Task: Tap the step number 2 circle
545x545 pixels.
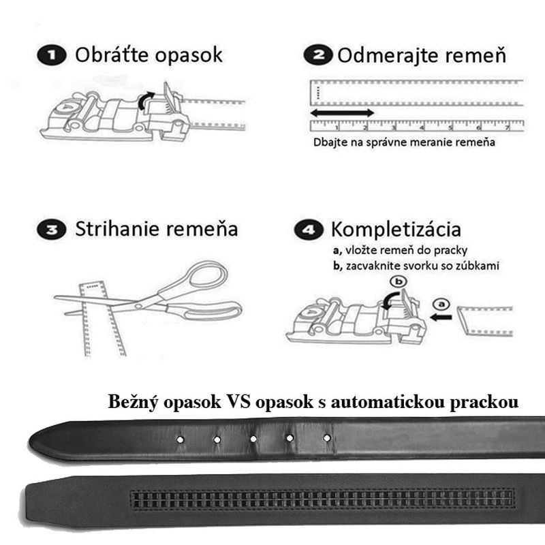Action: tap(318, 55)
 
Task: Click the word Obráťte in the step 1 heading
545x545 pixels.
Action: tap(112, 54)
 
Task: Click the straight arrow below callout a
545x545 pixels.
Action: tap(442, 315)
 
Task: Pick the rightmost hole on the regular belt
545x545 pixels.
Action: tap(327, 437)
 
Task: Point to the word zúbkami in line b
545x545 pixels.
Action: tap(476, 266)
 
